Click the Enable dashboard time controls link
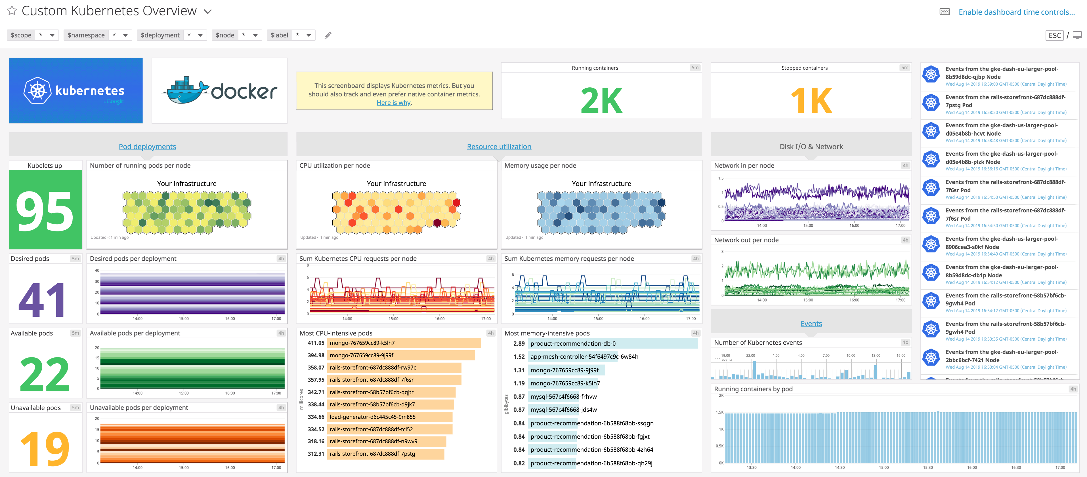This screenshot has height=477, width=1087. pyautogui.click(x=1016, y=12)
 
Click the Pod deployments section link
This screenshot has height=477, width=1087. pyautogui.click(x=147, y=146)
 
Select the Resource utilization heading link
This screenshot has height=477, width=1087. pyautogui.click(x=499, y=146)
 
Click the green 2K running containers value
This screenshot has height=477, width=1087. pyautogui.click(x=601, y=100)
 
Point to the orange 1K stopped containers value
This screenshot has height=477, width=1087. pyautogui.click(x=811, y=100)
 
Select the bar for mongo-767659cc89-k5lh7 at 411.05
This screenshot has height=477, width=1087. pyautogui.click(x=404, y=343)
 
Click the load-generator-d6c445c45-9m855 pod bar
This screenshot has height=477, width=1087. pyautogui.click(x=389, y=417)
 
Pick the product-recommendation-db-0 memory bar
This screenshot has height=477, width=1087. pyautogui.click(x=613, y=343)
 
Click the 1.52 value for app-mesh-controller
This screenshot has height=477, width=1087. pyautogui.click(x=519, y=357)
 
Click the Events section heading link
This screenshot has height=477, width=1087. pyautogui.click(x=811, y=324)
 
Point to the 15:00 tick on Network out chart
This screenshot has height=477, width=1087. pyautogui.click(x=808, y=300)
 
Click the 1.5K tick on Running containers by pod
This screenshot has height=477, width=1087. pyautogui.click(x=719, y=412)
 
